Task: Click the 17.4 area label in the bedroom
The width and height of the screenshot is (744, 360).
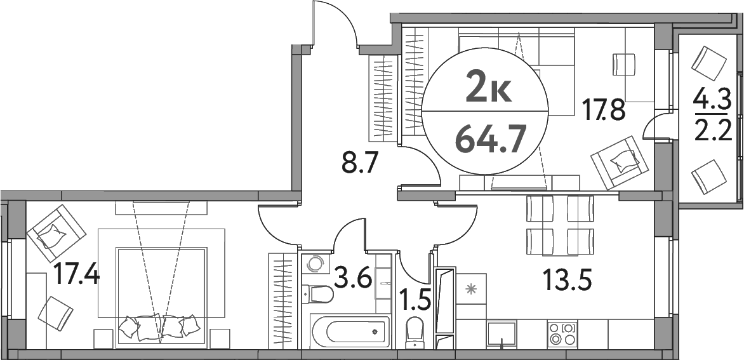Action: (x=76, y=276)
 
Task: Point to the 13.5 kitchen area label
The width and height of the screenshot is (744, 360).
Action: (x=566, y=278)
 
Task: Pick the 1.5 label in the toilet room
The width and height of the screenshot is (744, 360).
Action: (x=415, y=297)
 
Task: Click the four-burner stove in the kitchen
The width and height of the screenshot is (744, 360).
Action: (x=563, y=333)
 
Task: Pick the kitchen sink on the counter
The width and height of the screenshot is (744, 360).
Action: (x=502, y=333)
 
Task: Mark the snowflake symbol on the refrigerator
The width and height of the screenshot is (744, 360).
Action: (x=471, y=290)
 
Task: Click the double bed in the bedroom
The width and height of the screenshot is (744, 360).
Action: (x=161, y=295)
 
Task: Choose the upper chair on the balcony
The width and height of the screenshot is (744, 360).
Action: (x=708, y=63)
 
